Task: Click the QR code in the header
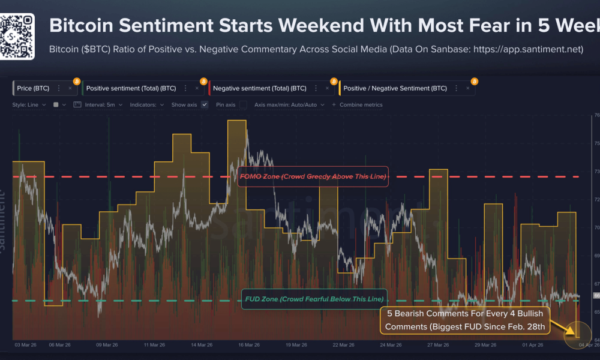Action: tap(17, 36)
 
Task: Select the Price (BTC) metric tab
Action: tap(33, 88)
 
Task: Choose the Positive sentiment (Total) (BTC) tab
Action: tap(131, 88)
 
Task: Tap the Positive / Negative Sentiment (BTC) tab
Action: tap(395, 88)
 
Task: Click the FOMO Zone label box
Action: tap(312, 176)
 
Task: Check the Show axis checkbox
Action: tap(205, 104)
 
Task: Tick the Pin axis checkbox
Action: tap(243, 104)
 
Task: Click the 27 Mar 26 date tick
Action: tap(437, 345)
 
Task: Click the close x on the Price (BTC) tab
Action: tap(70, 88)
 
